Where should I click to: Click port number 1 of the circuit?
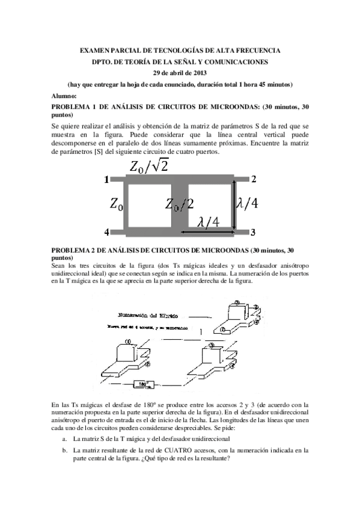106,179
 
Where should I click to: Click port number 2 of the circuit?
254,179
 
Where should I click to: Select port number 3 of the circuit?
254,232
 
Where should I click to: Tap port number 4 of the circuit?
106,232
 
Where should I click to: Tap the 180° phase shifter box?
143,383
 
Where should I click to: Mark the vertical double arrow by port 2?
235,205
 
